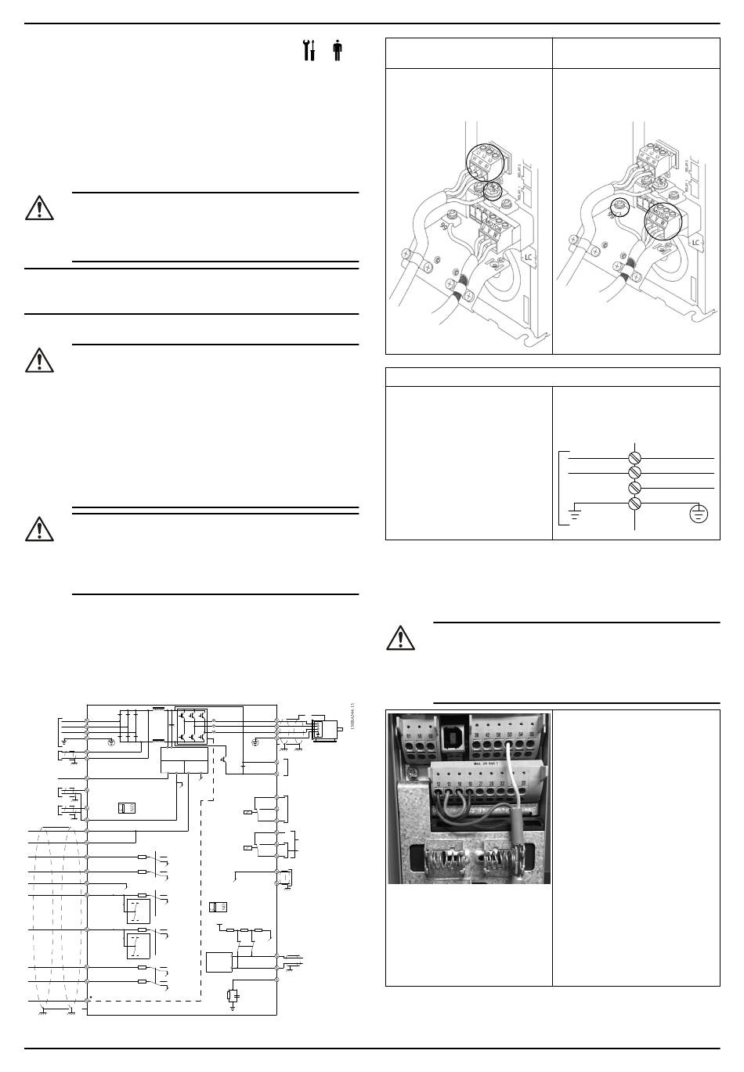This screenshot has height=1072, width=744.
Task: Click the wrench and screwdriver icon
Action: [x=309, y=50]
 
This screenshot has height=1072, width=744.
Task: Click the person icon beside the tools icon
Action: [x=337, y=50]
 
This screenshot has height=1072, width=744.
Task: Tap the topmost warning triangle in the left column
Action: [x=38, y=208]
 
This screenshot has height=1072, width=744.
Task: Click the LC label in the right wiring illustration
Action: [x=695, y=242]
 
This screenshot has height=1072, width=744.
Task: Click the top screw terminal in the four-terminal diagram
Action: [x=635, y=456]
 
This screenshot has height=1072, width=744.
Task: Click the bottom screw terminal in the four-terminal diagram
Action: [x=635, y=503]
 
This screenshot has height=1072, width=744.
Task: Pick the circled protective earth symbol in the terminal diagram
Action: [x=699, y=514]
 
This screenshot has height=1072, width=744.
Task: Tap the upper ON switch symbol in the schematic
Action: [x=126, y=807]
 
